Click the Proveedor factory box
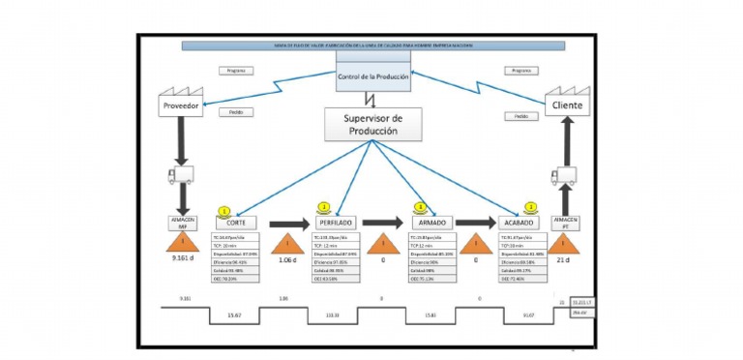tap(184, 105)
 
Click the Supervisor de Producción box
tap(373, 124)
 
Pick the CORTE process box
tap(235, 223)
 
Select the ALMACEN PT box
tap(566, 223)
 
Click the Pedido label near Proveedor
tap(236, 112)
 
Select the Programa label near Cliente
tap(520, 71)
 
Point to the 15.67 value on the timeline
tap(234, 315)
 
